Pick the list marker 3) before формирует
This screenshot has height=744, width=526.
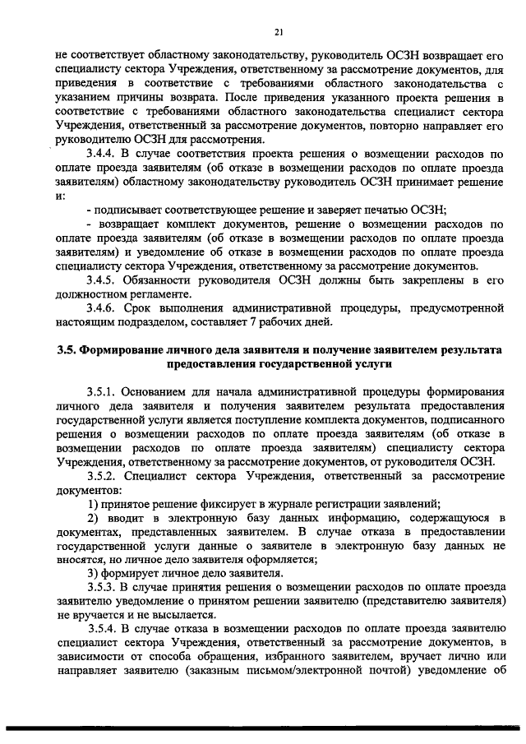93,572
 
